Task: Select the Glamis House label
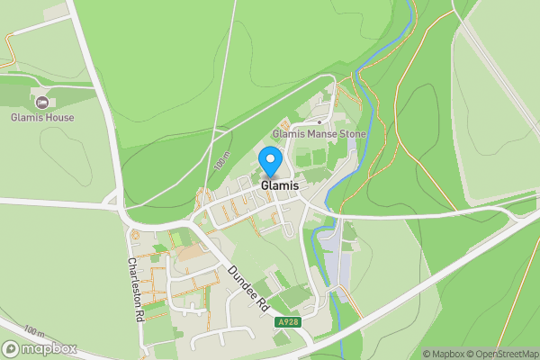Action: pos(42,117)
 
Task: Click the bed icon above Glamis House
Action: pos(41,102)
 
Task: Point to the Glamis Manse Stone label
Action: pos(319,133)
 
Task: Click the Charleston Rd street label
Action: pos(135,290)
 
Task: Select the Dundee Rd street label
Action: pos(248,288)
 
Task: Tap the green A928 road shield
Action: pos(287,321)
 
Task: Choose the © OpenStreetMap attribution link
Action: pos(504,354)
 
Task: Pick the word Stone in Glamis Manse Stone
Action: pos(352,133)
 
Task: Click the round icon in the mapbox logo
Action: pos(12,348)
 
